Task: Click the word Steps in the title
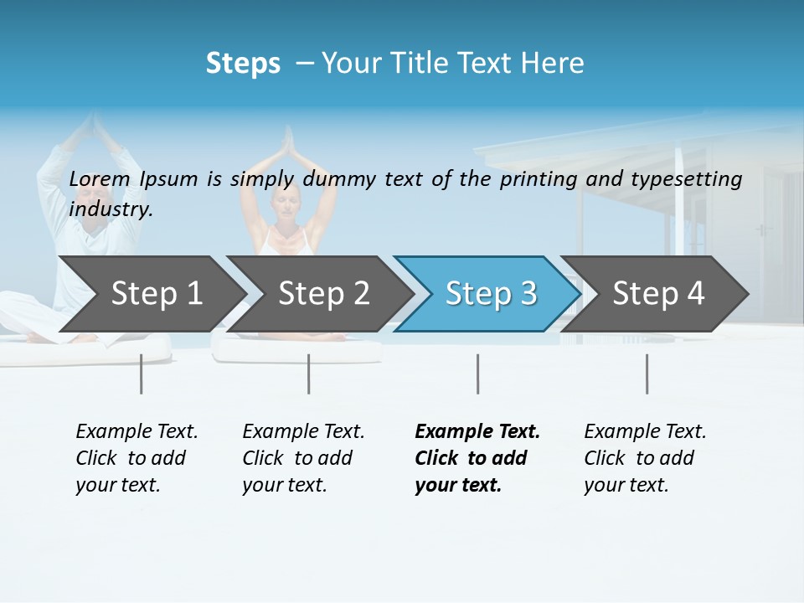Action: (243, 64)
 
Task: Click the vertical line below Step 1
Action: (142, 374)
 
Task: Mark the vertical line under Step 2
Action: (309, 374)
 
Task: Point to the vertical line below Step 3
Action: (477, 374)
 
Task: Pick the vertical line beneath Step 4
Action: (647, 374)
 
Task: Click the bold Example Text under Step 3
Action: (477, 432)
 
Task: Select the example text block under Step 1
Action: (137, 458)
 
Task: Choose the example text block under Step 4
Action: (645, 458)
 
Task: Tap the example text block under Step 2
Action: (303, 458)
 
